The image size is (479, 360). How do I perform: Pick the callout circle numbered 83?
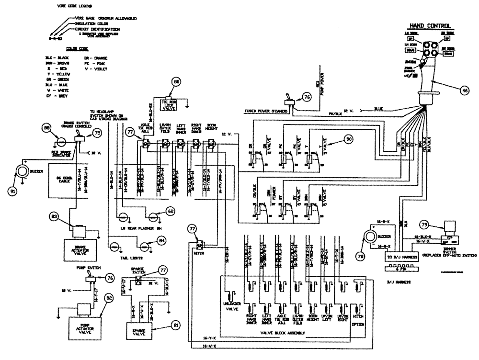56,217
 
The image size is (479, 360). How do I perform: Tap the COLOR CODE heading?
66,48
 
